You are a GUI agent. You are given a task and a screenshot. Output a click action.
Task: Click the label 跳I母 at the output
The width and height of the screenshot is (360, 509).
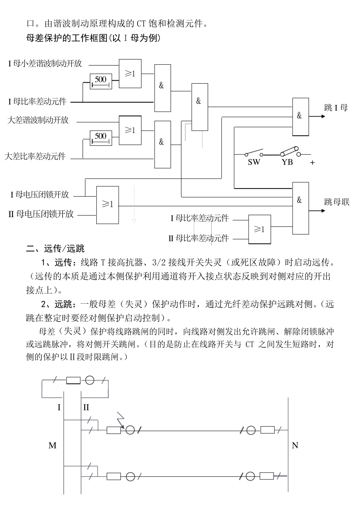click(x=336, y=108)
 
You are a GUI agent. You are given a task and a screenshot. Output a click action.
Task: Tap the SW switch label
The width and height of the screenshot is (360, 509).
click(x=254, y=162)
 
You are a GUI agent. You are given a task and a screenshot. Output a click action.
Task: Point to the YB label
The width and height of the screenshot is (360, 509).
click(x=287, y=162)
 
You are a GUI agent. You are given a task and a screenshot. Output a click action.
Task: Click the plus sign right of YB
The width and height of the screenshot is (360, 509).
click(x=313, y=162)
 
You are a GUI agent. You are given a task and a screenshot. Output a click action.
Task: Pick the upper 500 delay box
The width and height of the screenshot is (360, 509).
click(x=101, y=81)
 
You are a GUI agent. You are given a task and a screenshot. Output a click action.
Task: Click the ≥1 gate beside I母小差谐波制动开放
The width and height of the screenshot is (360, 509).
click(x=130, y=74)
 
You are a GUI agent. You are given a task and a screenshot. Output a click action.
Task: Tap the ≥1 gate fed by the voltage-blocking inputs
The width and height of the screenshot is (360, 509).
click(x=108, y=205)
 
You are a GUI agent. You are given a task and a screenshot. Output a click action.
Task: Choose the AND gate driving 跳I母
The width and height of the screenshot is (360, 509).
click(x=300, y=116)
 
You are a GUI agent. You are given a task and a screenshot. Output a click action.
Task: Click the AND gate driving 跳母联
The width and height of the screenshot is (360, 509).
click(x=300, y=201)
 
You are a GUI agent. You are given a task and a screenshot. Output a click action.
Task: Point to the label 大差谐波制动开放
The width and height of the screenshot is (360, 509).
click(x=38, y=120)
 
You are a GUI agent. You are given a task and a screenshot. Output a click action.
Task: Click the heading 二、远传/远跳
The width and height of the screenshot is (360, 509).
click(x=55, y=249)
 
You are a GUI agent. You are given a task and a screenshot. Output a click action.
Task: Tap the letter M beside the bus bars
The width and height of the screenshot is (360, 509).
click(x=52, y=446)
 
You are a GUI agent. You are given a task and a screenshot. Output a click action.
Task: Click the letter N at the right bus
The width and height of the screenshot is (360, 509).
click(x=295, y=446)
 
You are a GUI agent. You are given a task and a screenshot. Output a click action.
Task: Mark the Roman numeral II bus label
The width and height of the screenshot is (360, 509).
click(x=86, y=408)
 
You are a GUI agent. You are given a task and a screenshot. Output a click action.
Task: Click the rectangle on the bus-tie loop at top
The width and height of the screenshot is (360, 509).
click(x=73, y=380)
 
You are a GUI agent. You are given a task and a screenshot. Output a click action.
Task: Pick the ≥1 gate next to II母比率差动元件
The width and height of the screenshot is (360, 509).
click(x=260, y=229)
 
